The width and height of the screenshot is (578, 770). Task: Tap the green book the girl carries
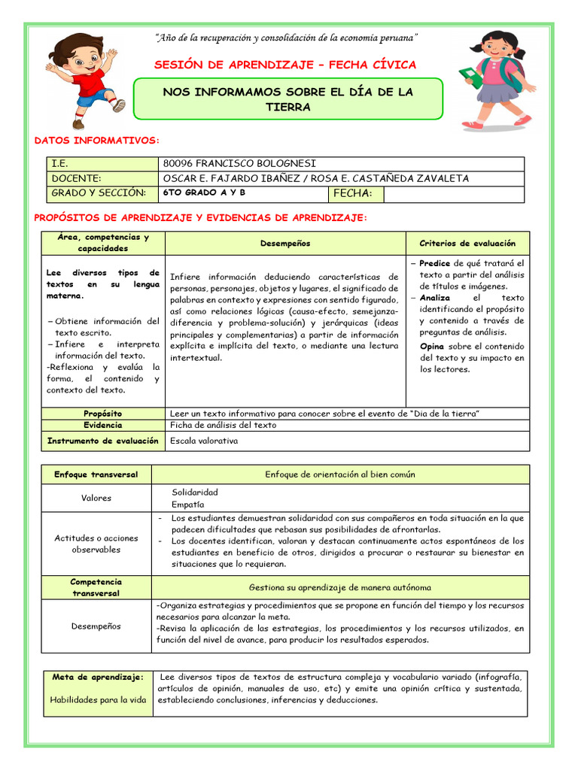click(471, 76)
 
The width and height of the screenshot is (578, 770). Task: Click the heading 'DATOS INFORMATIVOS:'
click(97, 141)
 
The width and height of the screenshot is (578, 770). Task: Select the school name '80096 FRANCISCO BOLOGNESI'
click(239, 164)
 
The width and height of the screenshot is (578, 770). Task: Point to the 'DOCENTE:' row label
click(76, 178)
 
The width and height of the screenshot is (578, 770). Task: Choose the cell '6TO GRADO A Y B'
click(204, 193)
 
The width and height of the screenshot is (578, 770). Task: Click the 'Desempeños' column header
click(284, 244)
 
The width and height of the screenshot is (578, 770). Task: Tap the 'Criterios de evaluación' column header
click(467, 244)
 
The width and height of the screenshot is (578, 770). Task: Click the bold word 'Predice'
click(434, 263)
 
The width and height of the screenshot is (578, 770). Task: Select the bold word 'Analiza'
click(435, 298)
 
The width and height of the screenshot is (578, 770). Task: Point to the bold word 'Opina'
click(433, 347)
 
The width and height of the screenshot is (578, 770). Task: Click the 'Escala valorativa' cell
click(204, 441)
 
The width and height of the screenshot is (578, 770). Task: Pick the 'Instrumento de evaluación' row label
click(103, 441)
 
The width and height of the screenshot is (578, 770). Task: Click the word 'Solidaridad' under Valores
click(195, 492)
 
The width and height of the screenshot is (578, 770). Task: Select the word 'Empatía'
click(187, 505)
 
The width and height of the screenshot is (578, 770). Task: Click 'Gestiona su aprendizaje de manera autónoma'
click(339, 587)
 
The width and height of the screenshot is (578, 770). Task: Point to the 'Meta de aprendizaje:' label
click(98, 678)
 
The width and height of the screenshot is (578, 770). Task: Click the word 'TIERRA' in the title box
click(288, 108)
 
